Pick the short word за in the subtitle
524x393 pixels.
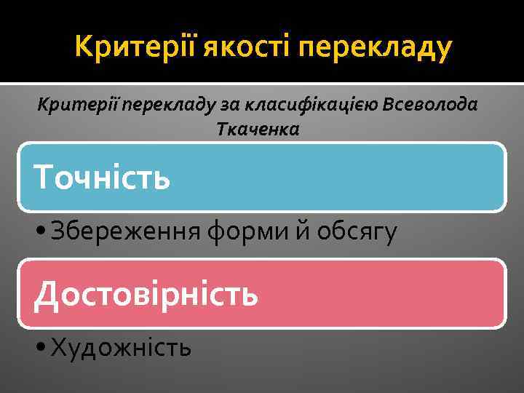tap(231, 106)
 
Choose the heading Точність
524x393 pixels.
tap(102, 176)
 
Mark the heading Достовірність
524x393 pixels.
tap(146, 294)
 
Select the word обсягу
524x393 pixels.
tap(354, 233)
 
